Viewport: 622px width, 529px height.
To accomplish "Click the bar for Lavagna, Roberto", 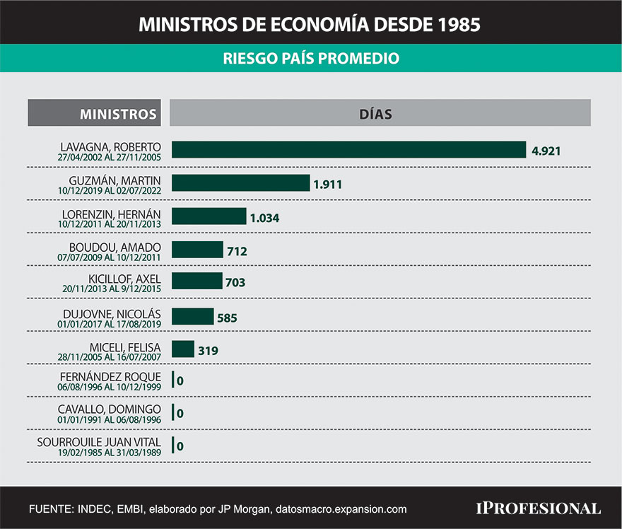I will [x=349, y=149].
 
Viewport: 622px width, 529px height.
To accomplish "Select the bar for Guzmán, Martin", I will [x=241, y=183].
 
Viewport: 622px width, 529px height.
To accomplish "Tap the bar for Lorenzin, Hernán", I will [x=209, y=217].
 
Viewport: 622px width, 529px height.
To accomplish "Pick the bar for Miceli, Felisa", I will [x=183, y=349].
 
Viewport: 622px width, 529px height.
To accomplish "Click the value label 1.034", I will [x=264, y=218].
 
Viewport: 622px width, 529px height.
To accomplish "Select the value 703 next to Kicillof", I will [x=235, y=282].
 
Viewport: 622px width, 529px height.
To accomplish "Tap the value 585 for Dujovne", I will [x=227, y=318].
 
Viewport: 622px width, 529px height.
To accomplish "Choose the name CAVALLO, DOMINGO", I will [x=110, y=409].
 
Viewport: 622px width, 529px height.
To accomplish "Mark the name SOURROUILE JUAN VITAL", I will [x=99, y=443].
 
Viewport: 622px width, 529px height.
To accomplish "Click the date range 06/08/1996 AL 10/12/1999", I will [x=110, y=387].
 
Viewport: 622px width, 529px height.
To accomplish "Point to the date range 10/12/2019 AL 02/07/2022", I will [x=110, y=190].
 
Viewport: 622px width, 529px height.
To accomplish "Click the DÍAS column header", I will [x=380, y=113].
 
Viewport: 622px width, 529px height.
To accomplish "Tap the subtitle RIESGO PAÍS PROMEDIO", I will [x=311, y=58].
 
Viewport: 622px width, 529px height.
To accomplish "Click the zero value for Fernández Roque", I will [x=180, y=381].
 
